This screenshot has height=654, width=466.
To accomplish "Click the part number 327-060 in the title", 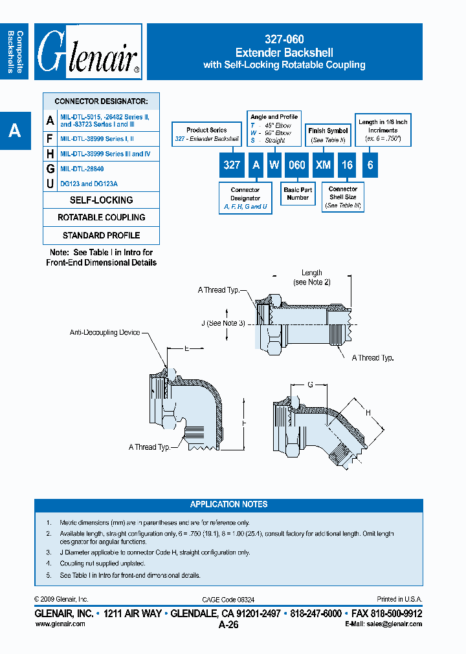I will click(x=284, y=40).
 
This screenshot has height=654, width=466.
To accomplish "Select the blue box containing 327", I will click(x=232, y=165).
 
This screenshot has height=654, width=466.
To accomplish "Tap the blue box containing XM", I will click(x=323, y=165).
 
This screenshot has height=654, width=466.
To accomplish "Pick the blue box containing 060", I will click(x=296, y=165).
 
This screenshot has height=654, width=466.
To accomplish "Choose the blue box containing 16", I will click(x=347, y=165).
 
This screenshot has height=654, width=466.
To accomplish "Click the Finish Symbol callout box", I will click(x=327, y=135).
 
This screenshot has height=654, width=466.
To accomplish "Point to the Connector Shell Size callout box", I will click(x=342, y=197).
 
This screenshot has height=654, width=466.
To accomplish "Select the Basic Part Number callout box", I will click(x=298, y=194).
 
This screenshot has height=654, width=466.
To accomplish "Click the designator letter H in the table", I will click(x=50, y=154).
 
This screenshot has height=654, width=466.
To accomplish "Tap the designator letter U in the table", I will click(x=50, y=184).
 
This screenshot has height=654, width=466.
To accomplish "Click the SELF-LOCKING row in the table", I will click(x=101, y=200).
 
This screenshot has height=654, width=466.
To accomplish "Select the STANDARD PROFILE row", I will click(x=101, y=235).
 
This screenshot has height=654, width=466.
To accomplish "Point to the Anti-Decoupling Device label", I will click(x=105, y=332).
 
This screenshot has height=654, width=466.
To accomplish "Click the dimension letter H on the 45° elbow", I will click(x=368, y=412).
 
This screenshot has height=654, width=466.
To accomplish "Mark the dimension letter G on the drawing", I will click(x=310, y=385).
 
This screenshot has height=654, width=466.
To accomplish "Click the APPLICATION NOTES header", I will click(x=228, y=505).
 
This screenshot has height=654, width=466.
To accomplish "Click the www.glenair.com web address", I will click(x=60, y=624).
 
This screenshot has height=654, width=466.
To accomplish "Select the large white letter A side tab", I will click(x=14, y=131).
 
